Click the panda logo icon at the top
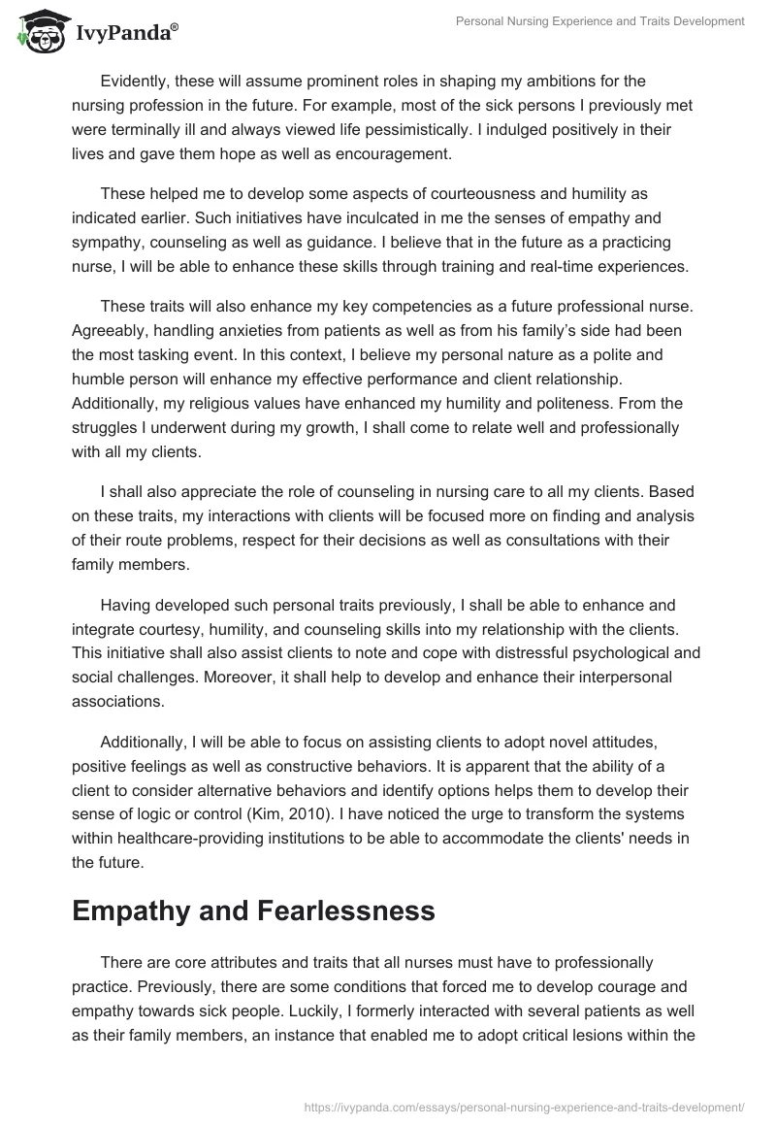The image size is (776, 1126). pyautogui.click(x=37, y=32)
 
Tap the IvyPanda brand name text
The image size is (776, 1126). pyautogui.click(x=125, y=35)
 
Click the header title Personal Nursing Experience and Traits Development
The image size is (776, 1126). pyautogui.click(x=600, y=21)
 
